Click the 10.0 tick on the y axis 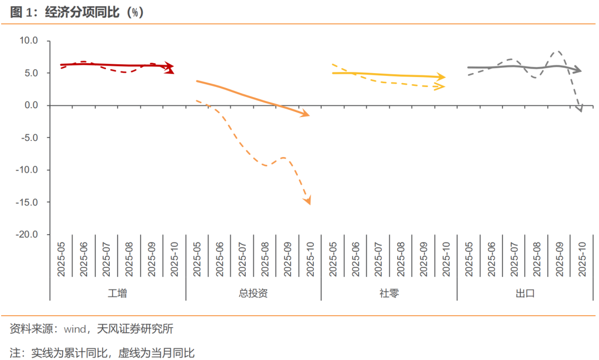[28, 40]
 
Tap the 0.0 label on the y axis [31, 105]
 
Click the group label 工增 [117, 293]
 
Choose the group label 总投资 [253, 293]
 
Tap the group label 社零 [389, 293]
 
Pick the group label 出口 [525, 293]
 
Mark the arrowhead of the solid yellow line [442, 77]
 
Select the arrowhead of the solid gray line [578, 70]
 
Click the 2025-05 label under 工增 [61, 258]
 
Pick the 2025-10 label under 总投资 [310, 258]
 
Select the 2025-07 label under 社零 [378, 258]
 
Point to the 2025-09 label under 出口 [559, 258]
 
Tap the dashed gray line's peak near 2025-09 [558, 52]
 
